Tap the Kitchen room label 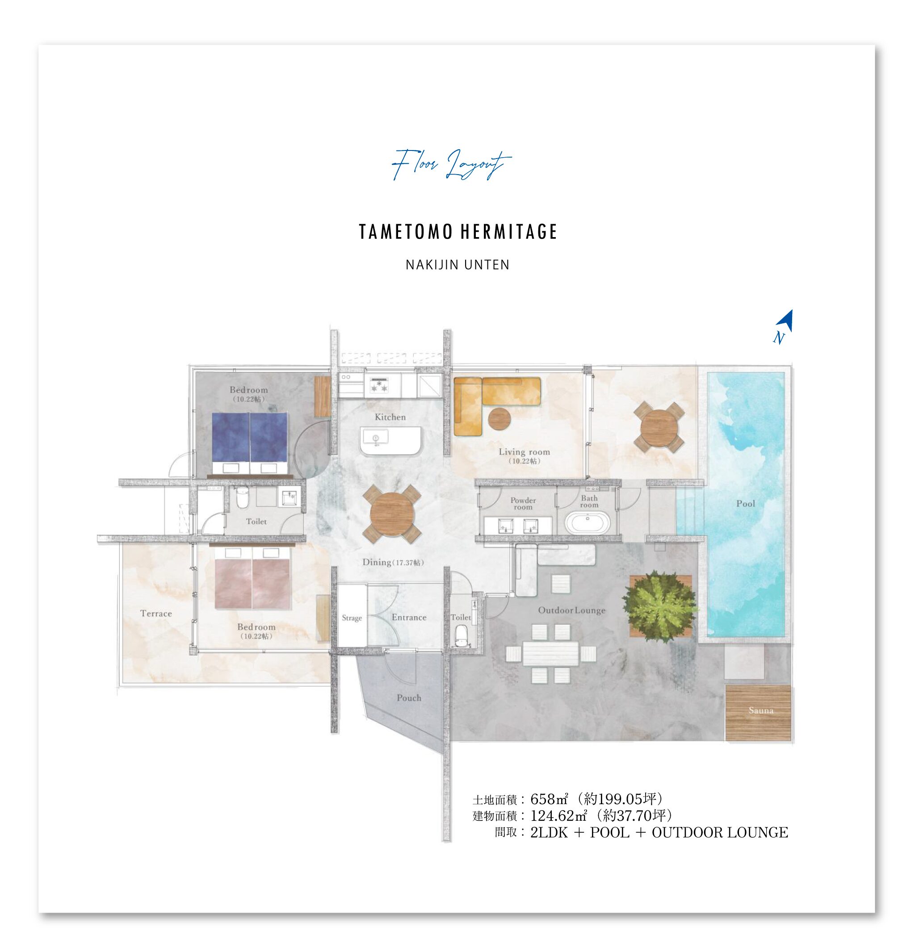(x=390, y=417)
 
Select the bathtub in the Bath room (x=588, y=523)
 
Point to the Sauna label (x=761, y=710)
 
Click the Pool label (x=745, y=504)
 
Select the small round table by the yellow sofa (x=500, y=419)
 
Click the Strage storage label (x=352, y=618)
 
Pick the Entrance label (x=409, y=618)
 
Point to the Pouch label (x=409, y=698)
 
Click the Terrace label (x=156, y=614)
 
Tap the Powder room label (x=523, y=504)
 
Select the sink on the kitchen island (x=375, y=438)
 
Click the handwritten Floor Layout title (x=451, y=164)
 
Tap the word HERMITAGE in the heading (x=508, y=232)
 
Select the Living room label (x=525, y=452)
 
